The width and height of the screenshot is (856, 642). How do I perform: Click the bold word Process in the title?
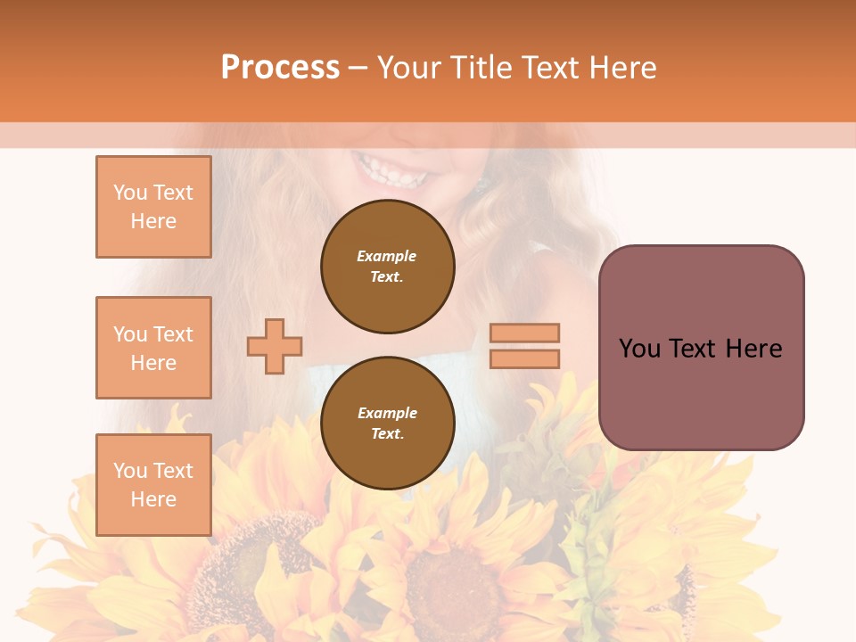pyautogui.click(x=280, y=68)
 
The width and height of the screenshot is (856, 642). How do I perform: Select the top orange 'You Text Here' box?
pyautogui.click(x=153, y=207)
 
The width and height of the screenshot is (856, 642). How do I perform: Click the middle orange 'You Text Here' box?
pyautogui.click(x=153, y=348)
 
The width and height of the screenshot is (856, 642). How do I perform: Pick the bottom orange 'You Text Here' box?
pyautogui.click(x=153, y=484)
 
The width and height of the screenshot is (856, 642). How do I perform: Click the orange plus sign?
pyautogui.click(x=275, y=346)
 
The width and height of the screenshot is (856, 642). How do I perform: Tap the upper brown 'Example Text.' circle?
pyautogui.click(x=387, y=267)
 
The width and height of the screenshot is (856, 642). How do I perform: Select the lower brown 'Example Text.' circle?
pyautogui.click(x=387, y=424)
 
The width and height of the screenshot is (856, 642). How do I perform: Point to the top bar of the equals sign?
pyautogui.click(x=524, y=333)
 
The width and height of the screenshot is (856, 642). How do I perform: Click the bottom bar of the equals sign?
pyautogui.click(x=524, y=358)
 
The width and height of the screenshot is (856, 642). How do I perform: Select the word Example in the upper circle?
pyautogui.click(x=387, y=256)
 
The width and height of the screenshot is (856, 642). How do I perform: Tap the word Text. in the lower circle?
pyautogui.click(x=387, y=434)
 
